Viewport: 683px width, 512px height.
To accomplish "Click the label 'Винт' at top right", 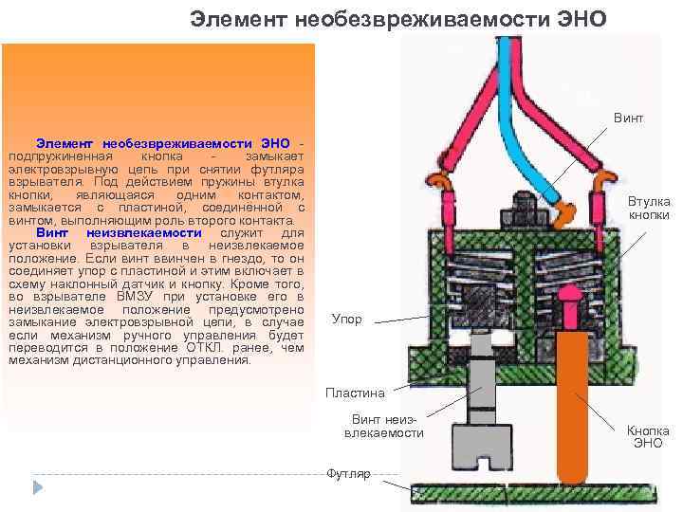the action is [628, 119].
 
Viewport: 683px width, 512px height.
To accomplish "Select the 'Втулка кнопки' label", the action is [648, 208].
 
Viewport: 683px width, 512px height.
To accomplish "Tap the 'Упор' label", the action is [346, 320].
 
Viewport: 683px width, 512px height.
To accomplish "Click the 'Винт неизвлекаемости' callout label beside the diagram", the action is [383, 426].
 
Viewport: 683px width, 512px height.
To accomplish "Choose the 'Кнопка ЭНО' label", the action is [648, 436].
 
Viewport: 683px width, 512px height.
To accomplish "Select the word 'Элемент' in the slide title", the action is [227, 19].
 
